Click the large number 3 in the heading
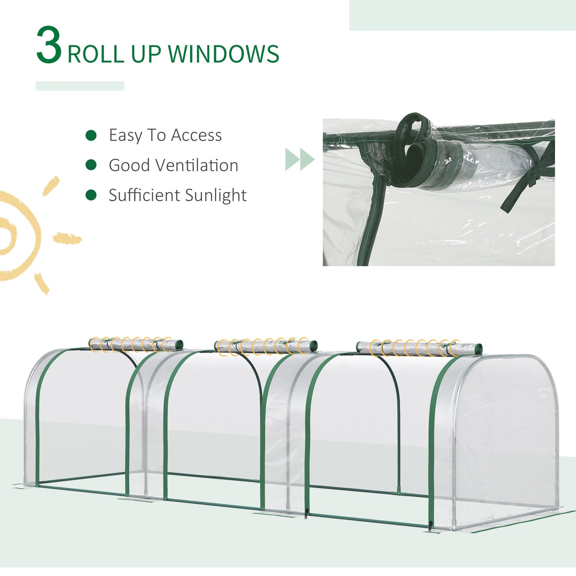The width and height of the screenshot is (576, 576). (x=49, y=45)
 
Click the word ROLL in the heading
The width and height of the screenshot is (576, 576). (x=96, y=54)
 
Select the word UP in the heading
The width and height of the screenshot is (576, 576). (x=146, y=54)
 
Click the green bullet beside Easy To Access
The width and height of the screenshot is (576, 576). (x=91, y=136)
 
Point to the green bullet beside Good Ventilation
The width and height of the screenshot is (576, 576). (x=91, y=165)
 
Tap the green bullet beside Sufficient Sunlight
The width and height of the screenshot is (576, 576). (x=91, y=195)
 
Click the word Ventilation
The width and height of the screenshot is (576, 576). (x=194, y=165)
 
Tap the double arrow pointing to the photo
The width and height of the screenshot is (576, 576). (x=299, y=159)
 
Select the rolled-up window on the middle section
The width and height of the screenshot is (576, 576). (x=265, y=346)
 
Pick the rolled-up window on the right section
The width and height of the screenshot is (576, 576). (x=419, y=348)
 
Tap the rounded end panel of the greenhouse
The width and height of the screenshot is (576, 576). (x=506, y=434)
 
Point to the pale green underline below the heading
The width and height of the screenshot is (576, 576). (x=80, y=86)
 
